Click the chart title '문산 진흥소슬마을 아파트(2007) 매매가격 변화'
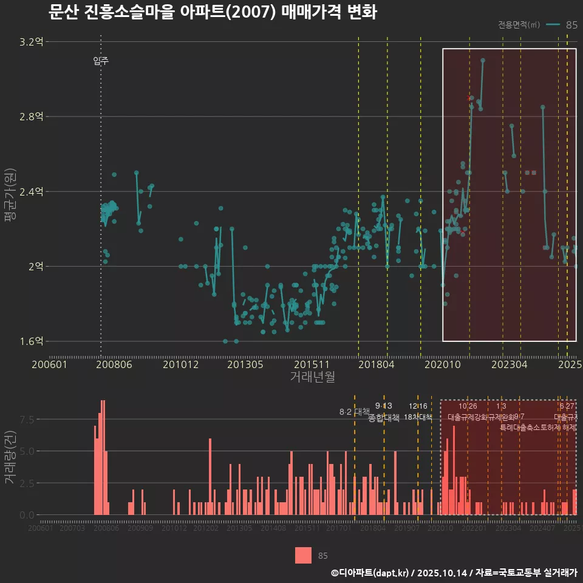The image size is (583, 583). click(x=213, y=12)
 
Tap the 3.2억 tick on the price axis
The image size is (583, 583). click(x=32, y=42)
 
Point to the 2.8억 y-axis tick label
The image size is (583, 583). click(x=32, y=117)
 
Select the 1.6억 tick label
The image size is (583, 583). click(x=32, y=341)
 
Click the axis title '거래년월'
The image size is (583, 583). click(x=312, y=377)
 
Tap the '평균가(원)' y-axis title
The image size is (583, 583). click(x=10, y=191)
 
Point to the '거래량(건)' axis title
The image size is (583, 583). click(x=10, y=457)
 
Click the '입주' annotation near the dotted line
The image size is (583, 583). click(x=101, y=61)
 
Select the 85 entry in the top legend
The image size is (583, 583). click(x=571, y=25)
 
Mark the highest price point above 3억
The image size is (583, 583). click(x=483, y=60)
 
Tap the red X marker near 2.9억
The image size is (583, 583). click(x=468, y=97)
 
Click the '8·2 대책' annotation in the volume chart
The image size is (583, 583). click(x=354, y=412)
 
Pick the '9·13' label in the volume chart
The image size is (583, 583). click(x=384, y=406)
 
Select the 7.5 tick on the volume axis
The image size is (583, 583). click(x=27, y=420)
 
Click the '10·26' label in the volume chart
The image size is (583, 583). click(x=468, y=406)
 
